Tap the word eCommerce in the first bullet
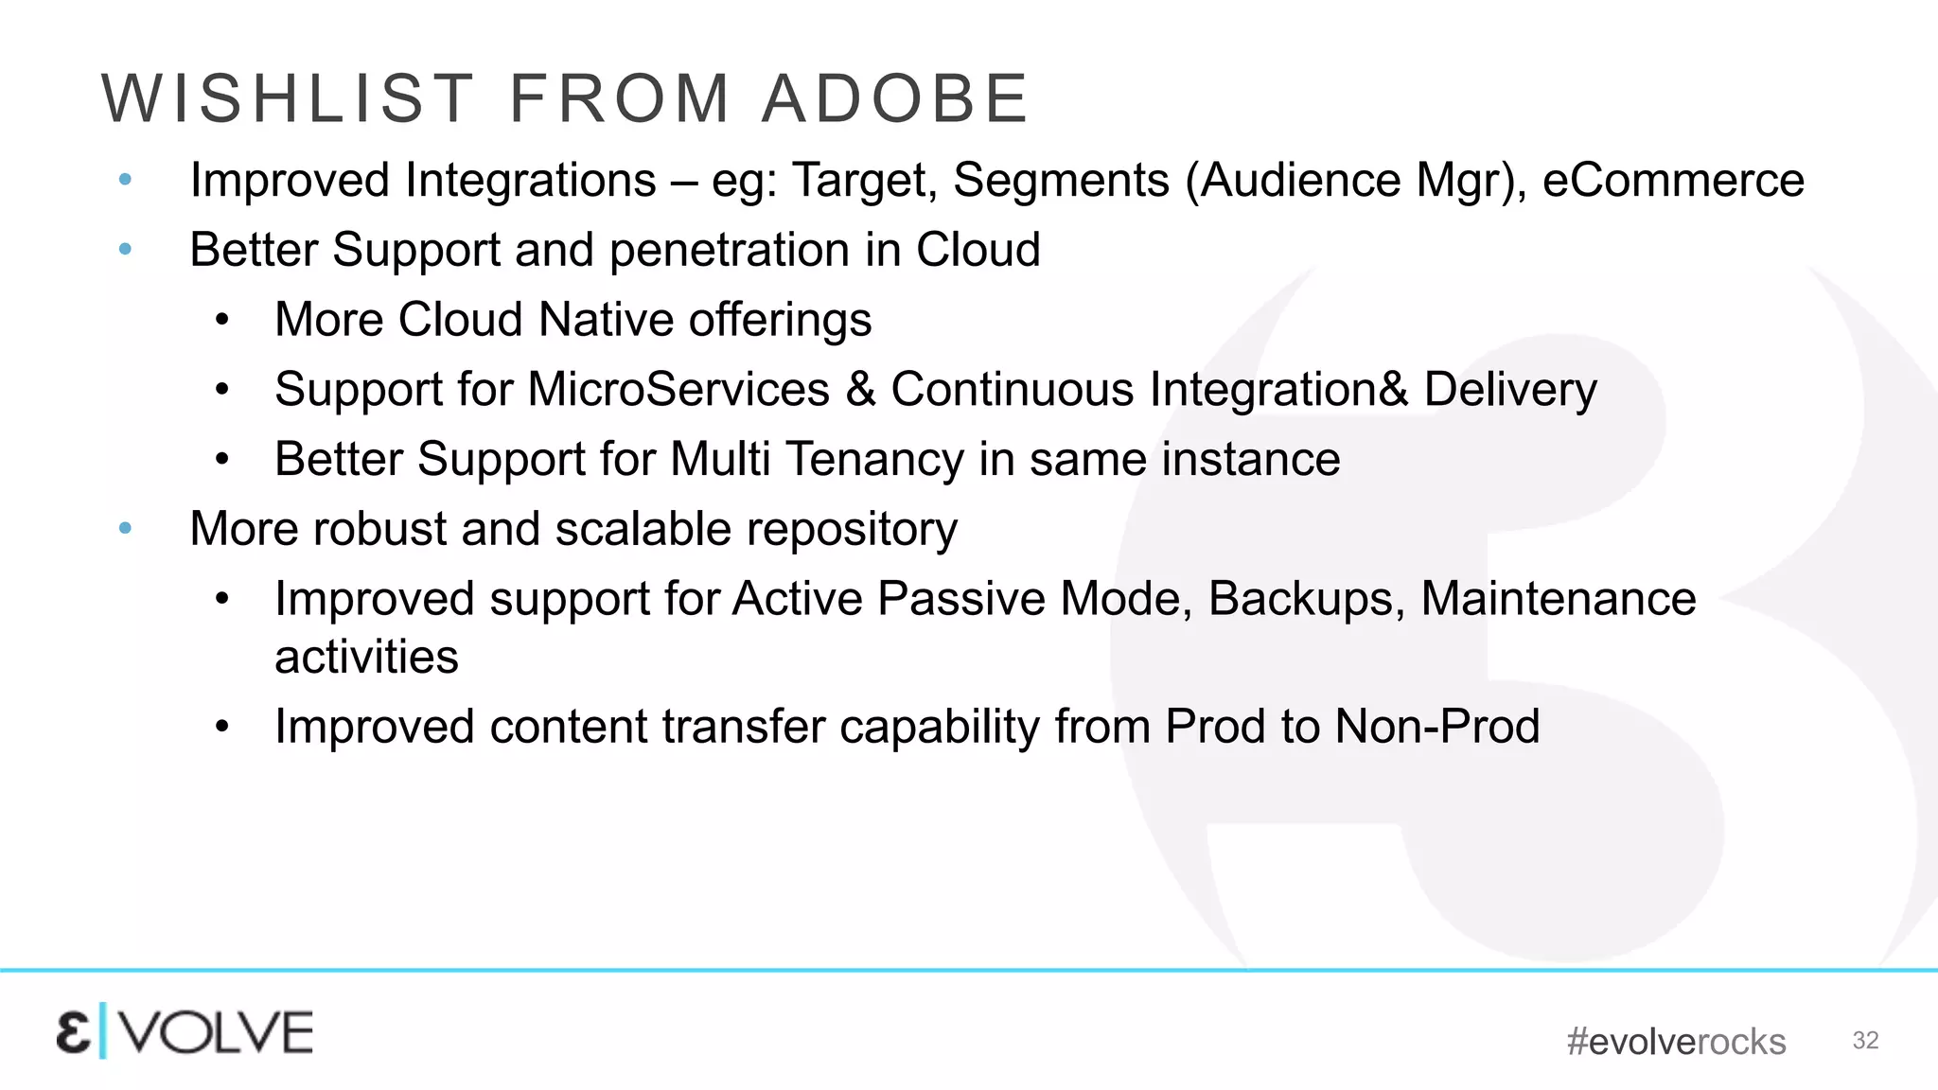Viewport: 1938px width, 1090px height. [1673, 181]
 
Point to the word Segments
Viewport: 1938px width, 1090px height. [1061, 181]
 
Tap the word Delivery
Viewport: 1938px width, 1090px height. [1510, 390]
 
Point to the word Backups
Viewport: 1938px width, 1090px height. [1306, 599]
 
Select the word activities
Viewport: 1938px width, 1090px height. [366, 658]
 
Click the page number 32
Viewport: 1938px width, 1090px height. [1865, 1041]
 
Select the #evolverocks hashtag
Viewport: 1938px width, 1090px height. [1676, 1042]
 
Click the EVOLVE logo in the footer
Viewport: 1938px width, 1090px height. [185, 1032]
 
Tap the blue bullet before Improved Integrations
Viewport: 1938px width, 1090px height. [125, 180]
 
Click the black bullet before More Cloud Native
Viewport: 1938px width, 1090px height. [221, 320]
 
